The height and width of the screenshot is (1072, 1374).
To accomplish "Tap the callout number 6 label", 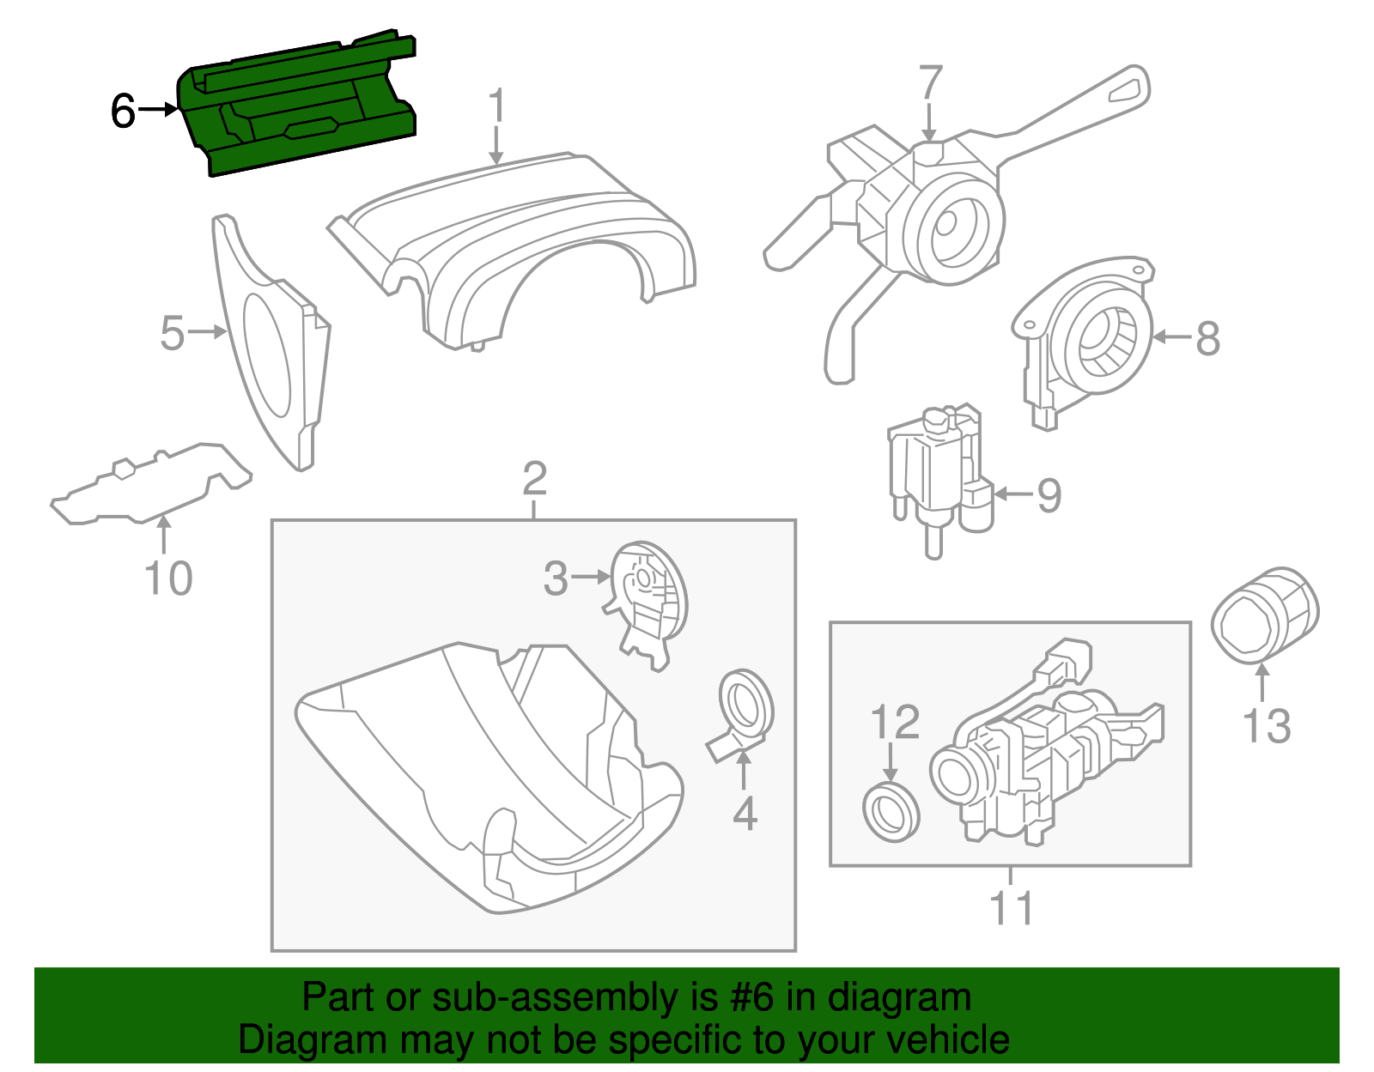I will (123, 112).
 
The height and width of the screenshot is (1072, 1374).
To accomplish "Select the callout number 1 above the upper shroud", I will (496, 108).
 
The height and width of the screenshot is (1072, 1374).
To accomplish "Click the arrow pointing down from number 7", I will (929, 121).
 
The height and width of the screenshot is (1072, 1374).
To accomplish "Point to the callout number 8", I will (1207, 338).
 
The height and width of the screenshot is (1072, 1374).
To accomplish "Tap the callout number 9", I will (1049, 495).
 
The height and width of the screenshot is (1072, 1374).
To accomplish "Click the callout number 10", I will (168, 578).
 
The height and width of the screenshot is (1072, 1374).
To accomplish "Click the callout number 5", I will (173, 333).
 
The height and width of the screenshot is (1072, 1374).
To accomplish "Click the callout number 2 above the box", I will (534, 479).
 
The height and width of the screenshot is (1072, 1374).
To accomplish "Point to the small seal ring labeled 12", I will (891, 812).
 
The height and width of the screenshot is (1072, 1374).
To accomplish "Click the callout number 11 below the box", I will (1011, 908).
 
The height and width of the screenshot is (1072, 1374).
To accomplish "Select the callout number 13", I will (1267, 726).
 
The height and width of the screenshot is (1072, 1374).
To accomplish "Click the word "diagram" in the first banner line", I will (899, 998).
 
